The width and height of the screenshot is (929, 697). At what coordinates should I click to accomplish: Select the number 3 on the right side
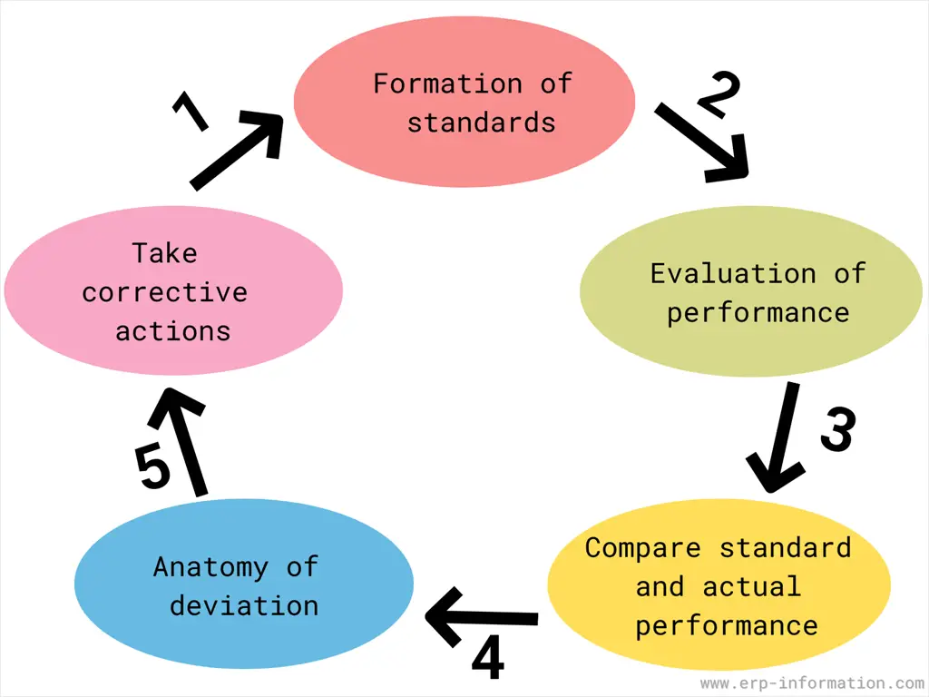836,430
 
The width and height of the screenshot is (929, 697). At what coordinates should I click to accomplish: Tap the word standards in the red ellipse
481,122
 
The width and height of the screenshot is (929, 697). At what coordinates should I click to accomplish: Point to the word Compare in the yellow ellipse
643,548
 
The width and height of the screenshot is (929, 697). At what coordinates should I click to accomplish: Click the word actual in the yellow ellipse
752,586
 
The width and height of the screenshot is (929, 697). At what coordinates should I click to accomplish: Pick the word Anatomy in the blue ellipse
210,567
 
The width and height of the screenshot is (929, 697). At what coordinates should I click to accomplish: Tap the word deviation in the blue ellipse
244,605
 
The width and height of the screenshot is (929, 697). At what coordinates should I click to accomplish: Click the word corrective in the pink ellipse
164,292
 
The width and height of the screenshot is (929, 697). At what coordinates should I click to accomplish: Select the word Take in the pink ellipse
164,252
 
